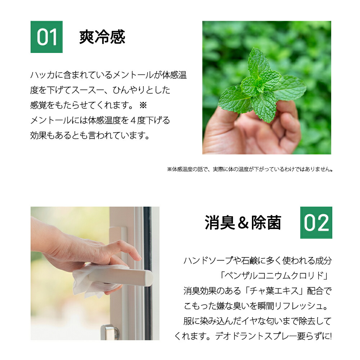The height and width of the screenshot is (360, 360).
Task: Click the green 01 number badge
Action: (x=46, y=37)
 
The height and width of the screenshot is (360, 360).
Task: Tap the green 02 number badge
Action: (x=316, y=222)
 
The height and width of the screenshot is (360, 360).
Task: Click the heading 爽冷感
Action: (x=102, y=37)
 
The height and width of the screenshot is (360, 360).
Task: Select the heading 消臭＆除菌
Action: (x=243, y=222)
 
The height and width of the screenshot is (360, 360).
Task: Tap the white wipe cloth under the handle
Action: (x=92, y=281)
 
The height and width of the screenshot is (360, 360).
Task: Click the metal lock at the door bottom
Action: (x=110, y=332)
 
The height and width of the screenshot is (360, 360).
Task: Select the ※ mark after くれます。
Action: (x=143, y=105)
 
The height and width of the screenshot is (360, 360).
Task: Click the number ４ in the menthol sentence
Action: (x=133, y=120)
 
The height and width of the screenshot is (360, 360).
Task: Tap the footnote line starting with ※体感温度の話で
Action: (x=250, y=170)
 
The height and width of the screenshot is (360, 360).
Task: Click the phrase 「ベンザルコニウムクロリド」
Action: (x=274, y=275)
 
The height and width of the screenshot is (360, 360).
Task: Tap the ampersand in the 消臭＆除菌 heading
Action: (x=243, y=223)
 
